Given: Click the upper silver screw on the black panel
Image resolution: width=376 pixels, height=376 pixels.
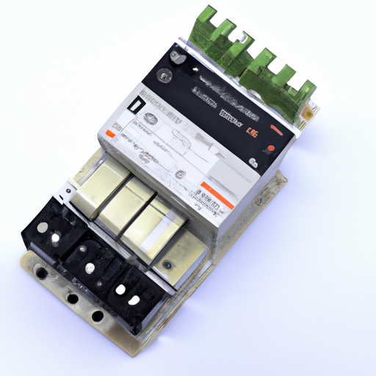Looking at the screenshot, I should (175, 55).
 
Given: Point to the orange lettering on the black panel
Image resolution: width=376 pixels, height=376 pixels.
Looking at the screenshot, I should (252, 132).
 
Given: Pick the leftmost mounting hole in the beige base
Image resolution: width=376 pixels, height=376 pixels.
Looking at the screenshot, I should (42, 273).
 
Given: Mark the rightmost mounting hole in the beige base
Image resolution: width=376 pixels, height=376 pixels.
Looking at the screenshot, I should (96, 317).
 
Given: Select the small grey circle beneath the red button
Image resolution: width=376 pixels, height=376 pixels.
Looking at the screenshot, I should (254, 162).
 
